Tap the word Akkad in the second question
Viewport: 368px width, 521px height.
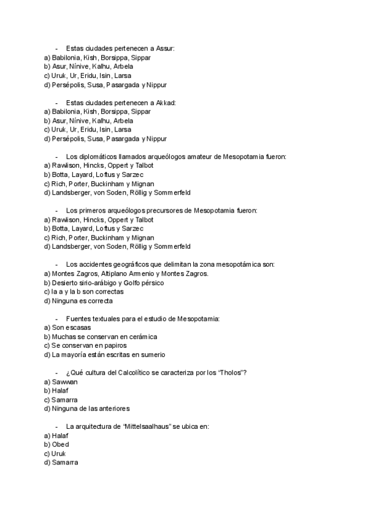pos(166,103)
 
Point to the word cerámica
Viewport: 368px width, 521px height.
pos(142,337)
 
